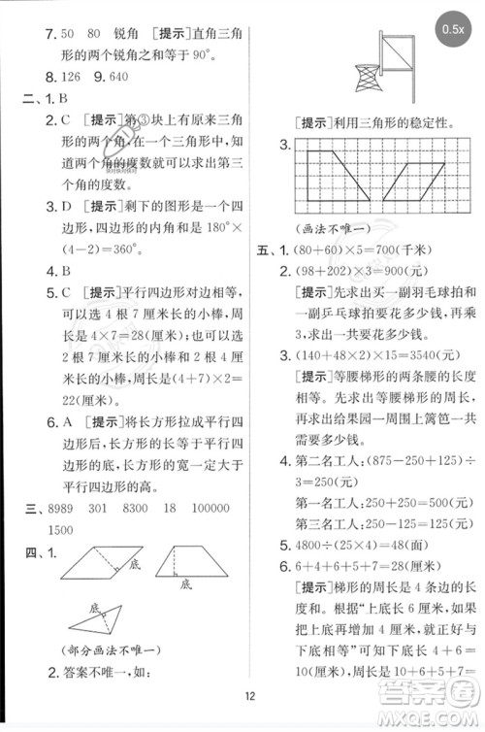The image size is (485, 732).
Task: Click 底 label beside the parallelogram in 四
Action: [134, 565]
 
